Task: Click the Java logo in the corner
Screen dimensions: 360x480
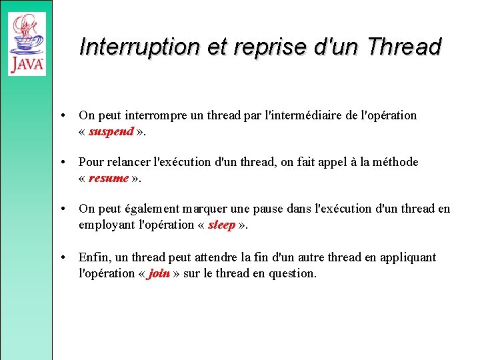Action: pyautogui.click(x=27, y=43)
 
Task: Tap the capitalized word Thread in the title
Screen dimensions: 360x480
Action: pyautogui.click(x=404, y=47)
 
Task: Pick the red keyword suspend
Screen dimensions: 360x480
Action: pyautogui.click(x=111, y=131)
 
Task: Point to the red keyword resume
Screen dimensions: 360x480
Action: pyautogui.click(x=108, y=178)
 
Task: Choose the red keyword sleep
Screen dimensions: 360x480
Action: pyautogui.click(x=221, y=225)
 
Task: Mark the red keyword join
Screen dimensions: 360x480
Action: pyautogui.click(x=159, y=273)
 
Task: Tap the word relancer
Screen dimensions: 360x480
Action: pyautogui.click(x=125, y=162)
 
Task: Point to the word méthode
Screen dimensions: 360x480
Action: pyautogui.click(x=394, y=162)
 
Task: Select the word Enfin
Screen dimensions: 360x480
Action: pyautogui.click(x=95, y=257)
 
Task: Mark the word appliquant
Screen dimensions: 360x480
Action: pyautogui.click(x=407, y=257)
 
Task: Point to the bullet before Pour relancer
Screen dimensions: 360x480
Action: pyautogui.click(x=61, y=162)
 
